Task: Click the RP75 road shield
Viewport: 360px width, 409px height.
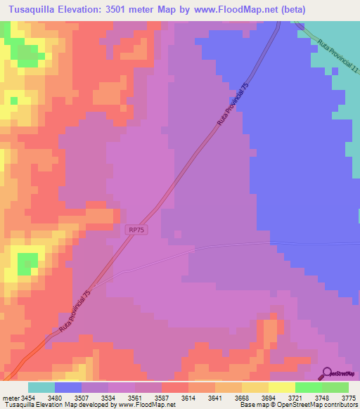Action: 137,230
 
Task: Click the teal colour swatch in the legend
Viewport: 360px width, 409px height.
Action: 41,387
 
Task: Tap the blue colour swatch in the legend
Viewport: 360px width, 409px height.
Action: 68,387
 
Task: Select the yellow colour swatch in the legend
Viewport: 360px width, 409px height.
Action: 281,387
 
